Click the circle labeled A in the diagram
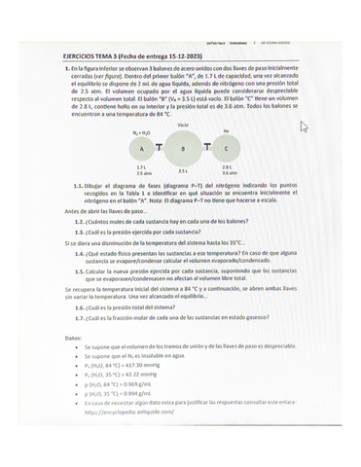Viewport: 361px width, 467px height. coord(142,148)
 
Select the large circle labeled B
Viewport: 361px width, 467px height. coord(182,148)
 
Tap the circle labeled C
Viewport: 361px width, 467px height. coord(226,148)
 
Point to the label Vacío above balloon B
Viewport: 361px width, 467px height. coord(183,125)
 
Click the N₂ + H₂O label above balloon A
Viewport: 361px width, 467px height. coord(140,130)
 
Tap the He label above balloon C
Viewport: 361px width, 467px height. coord(226,130)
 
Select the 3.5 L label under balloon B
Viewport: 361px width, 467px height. coord(182,171)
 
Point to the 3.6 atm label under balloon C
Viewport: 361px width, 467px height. coord(228,172)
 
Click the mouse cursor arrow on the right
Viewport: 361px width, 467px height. coord(305,126)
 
